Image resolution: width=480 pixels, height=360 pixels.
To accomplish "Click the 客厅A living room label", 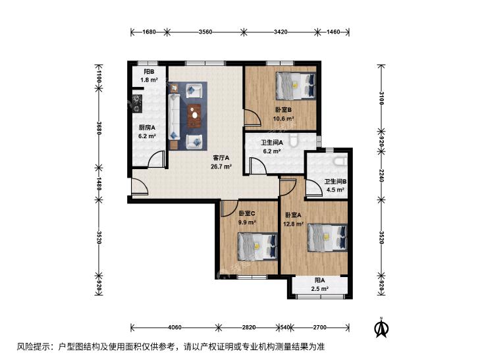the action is (x=221, y=158).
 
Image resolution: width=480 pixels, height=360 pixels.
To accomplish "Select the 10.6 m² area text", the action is (x=284, y=118).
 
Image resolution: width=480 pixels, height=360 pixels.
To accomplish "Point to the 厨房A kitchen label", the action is (x=147, y=128).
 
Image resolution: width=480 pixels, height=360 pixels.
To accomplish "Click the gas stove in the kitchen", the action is (x=136, y=103).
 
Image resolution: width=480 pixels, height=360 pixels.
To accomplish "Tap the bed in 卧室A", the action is (x=327, y=238).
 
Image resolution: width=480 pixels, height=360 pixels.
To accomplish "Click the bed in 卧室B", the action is (x=296, y=86).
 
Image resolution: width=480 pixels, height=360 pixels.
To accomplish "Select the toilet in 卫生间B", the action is (x=340, y=161).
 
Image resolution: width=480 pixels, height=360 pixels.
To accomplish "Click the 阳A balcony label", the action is (x=320, y=280).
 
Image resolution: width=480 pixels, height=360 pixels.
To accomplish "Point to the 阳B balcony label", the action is (x=149, y=72).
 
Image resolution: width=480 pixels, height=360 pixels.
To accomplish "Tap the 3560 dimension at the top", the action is (x=205, y=32).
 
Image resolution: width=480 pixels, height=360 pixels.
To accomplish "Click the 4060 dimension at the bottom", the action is (x=174, y=327).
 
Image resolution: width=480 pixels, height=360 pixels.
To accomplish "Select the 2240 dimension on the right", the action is (x=381, y=176).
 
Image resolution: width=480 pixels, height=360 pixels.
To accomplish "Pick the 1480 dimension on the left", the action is (x=99, y=184).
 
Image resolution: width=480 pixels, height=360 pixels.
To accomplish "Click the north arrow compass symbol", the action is (x=381, y=327).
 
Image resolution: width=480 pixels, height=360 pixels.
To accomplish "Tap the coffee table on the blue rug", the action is (x=194, y=116).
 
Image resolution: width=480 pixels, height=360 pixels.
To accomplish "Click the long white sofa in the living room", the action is (x=174, y=117).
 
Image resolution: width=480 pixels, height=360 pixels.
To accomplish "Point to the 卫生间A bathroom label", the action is (x=272, y=143).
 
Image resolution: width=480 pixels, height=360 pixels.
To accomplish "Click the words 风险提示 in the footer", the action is (x=30, y=347).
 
